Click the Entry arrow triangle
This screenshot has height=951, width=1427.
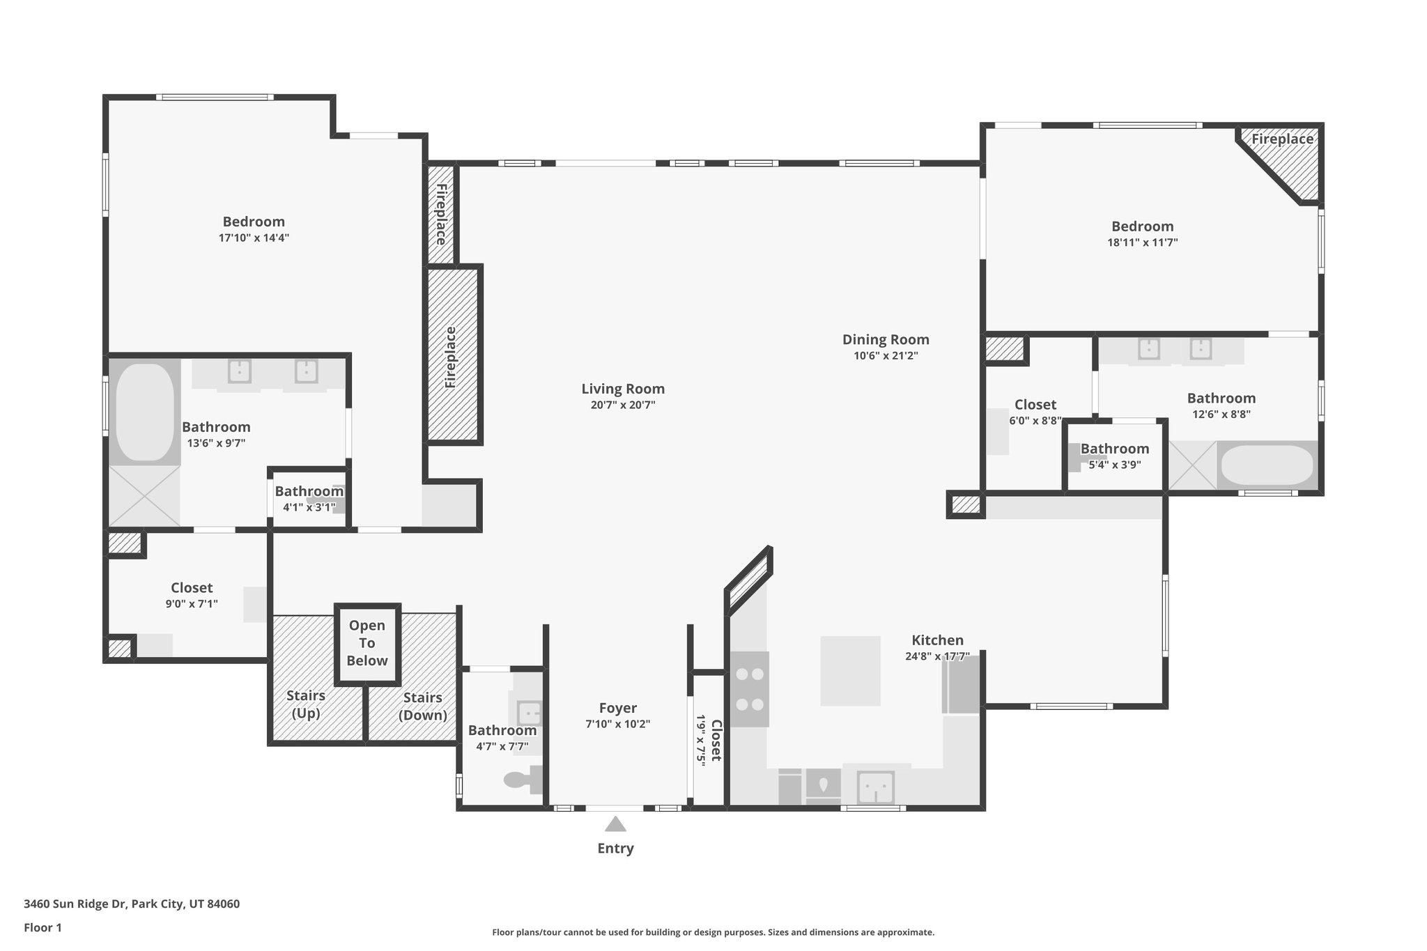615,825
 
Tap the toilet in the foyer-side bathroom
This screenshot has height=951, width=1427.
523,780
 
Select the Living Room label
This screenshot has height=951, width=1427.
623,389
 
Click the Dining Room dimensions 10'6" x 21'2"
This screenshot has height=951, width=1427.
886,356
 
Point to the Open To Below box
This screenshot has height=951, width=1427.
367,643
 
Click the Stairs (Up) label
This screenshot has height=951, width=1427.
306,704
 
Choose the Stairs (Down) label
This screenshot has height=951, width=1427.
422,706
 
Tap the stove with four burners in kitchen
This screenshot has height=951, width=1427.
750,689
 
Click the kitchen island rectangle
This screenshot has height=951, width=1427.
850,671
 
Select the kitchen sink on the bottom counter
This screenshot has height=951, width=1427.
876,787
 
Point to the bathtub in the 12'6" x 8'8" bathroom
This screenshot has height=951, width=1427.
1267,465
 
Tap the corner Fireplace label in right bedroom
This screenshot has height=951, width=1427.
1282,139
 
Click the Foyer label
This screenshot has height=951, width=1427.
617,708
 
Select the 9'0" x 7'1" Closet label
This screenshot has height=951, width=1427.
192,588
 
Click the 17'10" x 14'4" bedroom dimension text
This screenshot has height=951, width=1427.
254,238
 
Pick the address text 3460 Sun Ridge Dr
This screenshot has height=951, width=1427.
132,904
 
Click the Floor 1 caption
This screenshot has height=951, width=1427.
43,927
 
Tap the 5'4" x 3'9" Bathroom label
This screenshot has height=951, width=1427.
1115,449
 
